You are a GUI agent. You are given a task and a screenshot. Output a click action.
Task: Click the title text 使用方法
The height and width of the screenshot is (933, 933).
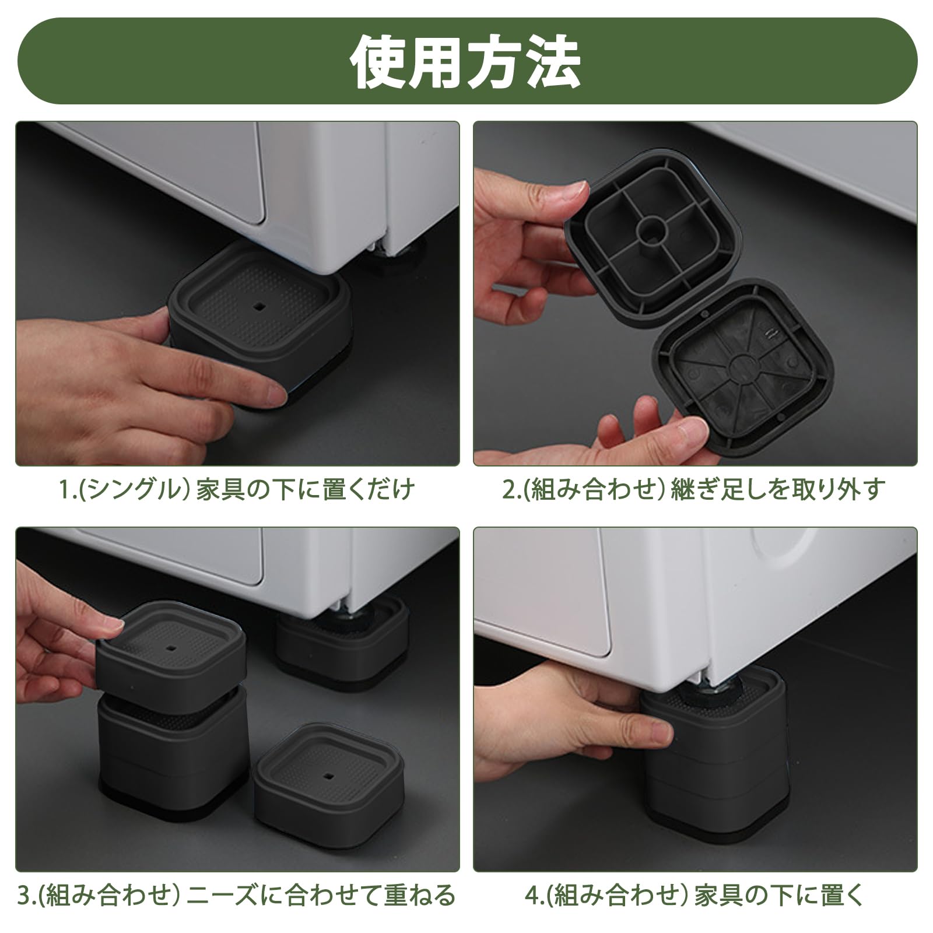pyautogui.click(x=465, y=62)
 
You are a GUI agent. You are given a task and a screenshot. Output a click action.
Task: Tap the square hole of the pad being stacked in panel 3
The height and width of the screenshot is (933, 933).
pyautogui.click(x=171, y=648)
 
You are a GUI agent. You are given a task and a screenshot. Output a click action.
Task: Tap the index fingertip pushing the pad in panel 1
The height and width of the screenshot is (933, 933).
pyautogui.click(x=274, y=391)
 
